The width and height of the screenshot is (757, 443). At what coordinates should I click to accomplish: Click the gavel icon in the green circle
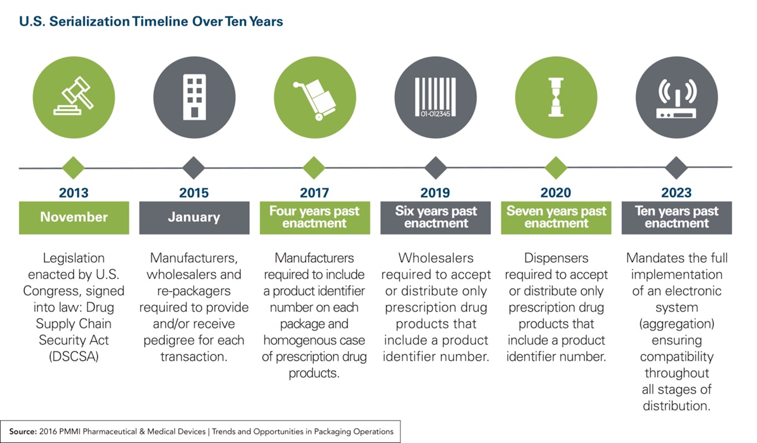73,96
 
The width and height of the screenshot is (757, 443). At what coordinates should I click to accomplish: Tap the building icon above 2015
194,96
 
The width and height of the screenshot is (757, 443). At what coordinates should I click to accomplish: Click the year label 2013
74,193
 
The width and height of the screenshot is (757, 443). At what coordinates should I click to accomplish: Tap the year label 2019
435,193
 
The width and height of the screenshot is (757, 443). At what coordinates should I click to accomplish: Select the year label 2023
676,193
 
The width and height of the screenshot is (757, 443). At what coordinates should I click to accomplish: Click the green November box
74,217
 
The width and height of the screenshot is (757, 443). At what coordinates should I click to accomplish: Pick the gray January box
194,217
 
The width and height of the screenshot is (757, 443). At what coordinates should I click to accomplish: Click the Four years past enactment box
314,217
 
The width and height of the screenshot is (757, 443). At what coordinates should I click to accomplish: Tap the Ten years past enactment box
676,217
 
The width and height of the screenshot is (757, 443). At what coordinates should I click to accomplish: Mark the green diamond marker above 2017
314,168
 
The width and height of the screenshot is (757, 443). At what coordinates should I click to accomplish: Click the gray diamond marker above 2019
435,168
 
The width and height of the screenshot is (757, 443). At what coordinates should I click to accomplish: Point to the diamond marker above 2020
556,168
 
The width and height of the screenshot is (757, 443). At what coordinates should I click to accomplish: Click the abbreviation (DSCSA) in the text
74,357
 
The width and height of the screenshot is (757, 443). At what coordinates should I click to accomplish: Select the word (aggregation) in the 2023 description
676,324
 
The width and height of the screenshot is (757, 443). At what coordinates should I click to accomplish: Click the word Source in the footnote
23,432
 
